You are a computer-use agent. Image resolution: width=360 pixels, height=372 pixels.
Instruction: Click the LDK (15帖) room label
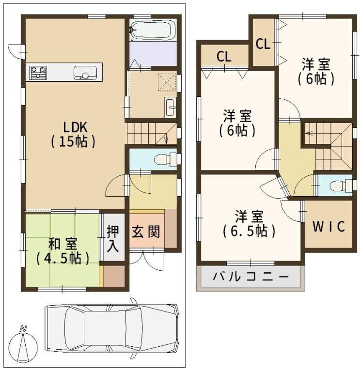[73, 135]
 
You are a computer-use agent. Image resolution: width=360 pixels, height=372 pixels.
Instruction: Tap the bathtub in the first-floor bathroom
[153, 30]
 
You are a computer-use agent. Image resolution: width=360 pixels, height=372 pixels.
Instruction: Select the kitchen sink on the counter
[85, 73]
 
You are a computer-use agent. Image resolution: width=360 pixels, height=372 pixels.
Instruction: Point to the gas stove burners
[38, 73]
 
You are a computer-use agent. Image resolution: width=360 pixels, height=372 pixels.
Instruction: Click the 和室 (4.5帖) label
[63, 251]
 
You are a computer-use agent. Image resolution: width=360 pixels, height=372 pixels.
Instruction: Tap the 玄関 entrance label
[146, 232]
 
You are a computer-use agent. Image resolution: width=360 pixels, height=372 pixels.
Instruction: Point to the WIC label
[329, 227]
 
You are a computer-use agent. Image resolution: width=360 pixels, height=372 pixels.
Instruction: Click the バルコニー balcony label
[251, 277]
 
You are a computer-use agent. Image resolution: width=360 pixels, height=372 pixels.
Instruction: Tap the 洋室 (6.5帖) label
[249, 224]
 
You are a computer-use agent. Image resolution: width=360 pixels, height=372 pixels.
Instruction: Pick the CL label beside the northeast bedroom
[263, 44]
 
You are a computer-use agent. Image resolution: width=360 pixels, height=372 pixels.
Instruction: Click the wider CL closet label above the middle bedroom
[224, 57]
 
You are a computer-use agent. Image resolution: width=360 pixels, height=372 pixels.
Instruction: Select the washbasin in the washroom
[171, 107]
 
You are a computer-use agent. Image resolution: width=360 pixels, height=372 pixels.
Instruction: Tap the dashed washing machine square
[167, 82]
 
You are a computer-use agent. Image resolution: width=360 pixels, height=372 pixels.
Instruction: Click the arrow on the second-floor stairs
[309, 133]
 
